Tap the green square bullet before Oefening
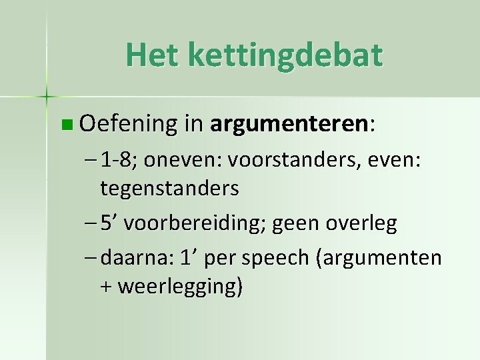click(x=65, y=124)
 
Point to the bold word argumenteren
click(x=288, y=124)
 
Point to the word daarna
click(x=137, y=258)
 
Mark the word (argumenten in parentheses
click(x=381, y=258)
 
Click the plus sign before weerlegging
click(x=107, y=287)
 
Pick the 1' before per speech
click(x=191, y=257)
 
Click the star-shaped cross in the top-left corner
click(x=46, y=97)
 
